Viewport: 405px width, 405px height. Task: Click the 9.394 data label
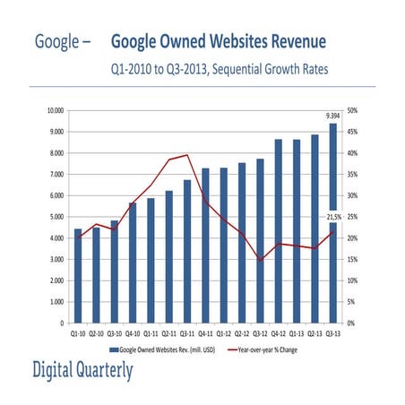click(x=332, y=116)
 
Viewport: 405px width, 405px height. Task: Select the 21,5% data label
click(x=332, y=217)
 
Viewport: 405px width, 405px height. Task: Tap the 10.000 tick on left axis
click(x=55, y=110)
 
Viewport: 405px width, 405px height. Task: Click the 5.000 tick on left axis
click(x=56, y=217)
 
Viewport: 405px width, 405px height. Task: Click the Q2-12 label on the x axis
click(x=242, y=331)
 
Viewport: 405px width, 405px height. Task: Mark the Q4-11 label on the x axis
click(x=205, y=331)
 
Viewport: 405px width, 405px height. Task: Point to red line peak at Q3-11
click(x=187, y=154)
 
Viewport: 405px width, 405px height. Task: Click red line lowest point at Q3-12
click(x=261, y=260)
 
